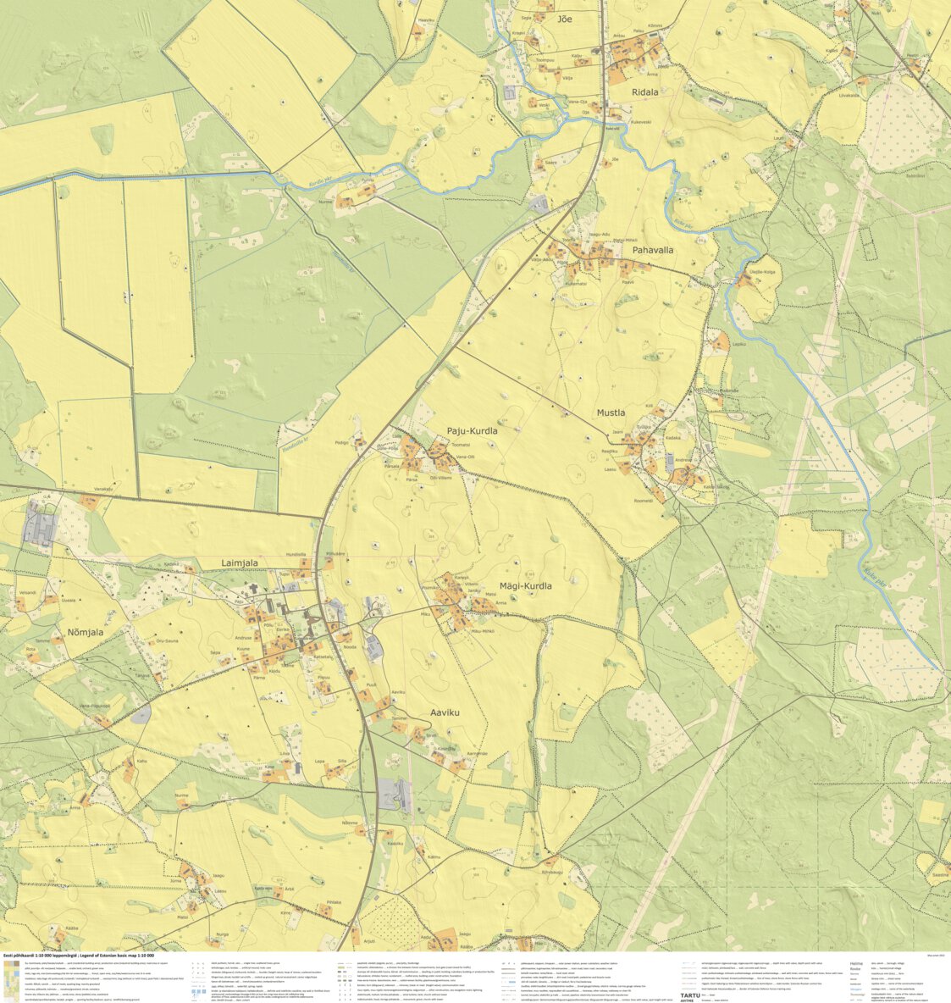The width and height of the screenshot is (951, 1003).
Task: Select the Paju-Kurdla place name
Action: (472, 431)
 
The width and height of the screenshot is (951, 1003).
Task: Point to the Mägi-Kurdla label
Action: (525, 585)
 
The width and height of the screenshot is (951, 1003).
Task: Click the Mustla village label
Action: (611, 413)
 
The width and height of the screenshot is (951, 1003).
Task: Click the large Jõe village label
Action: (566, 19)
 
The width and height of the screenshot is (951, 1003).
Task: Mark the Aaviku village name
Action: (445, 712)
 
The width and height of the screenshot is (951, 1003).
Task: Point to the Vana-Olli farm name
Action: (465, 457)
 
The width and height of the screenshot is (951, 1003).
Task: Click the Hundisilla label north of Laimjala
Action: (296, 554)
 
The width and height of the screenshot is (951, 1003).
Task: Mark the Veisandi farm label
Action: (28, 592)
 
